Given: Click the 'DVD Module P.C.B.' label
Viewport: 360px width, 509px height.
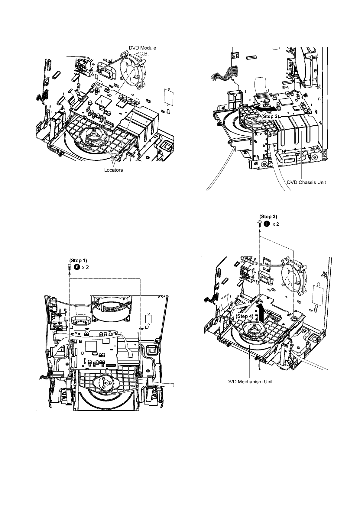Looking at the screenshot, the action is (x=142, y=51).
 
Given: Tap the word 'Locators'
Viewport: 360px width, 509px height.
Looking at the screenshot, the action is (x=113, y=170).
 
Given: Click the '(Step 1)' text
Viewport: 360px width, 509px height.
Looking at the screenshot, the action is (x=78, y=260).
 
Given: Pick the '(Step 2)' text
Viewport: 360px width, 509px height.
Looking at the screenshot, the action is (x=270, y=116).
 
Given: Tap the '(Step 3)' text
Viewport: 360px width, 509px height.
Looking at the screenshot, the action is (x=268, y=217).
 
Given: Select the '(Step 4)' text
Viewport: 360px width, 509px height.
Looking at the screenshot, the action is (x=245, y=316).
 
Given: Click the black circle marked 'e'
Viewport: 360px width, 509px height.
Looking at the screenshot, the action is (x=77, y=267).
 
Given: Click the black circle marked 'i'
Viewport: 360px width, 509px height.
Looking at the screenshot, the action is (x=267, y=224).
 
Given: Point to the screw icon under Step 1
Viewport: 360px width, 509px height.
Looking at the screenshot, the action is (x=70, y=267).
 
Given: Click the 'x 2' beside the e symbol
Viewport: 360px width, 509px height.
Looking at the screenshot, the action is (x=85, y=267).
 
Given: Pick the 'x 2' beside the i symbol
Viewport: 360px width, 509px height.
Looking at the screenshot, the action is (x=276, y=224).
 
